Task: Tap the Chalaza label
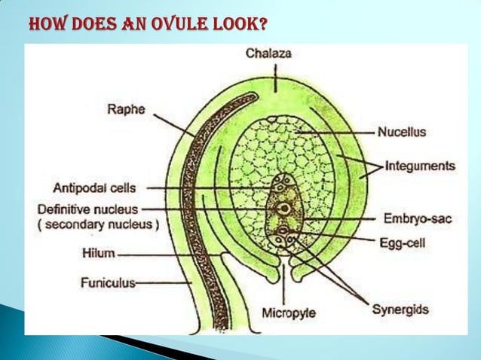coord(269,53)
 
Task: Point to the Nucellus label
coord(402,132)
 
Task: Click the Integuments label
coord(420,165)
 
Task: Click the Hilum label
coord(98,255)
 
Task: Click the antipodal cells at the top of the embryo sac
coord(284,185)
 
